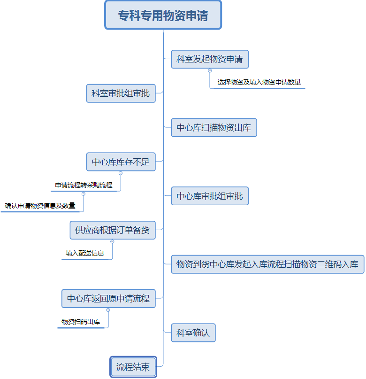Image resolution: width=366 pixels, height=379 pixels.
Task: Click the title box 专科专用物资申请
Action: click(163, 15)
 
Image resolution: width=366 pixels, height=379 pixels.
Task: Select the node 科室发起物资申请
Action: click(210, 59)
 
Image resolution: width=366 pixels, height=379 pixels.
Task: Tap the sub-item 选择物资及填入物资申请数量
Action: click(259, 82)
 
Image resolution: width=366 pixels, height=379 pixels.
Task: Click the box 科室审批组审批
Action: click(121, 93)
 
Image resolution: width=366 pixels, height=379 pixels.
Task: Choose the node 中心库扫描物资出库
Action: click(213, 128)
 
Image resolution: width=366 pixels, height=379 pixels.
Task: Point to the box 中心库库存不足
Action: click(121, 162)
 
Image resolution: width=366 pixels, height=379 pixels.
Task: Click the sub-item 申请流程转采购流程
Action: click(84, 185)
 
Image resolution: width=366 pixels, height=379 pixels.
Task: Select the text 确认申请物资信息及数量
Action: click(40, 206)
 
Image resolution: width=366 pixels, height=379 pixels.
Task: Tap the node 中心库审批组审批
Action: click(210, 196)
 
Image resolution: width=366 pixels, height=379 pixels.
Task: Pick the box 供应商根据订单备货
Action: click(113, 230)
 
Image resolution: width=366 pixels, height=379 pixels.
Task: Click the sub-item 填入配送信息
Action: click(85, 253)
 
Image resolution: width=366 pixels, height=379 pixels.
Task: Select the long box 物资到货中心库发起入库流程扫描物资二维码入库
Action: click(267, 264)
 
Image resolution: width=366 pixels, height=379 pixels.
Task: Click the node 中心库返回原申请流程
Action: click(108, 299)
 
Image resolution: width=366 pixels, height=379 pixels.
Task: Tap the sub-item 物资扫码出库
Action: click(81, 322)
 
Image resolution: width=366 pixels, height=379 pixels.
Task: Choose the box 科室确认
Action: click(193, 333)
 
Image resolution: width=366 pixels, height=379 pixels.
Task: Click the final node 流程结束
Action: click(133, 367)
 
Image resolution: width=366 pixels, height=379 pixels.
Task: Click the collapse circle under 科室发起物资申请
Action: click(210, 70)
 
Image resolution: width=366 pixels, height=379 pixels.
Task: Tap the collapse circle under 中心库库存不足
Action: click(121, 173)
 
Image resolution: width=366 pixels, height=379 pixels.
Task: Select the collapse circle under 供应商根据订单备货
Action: click(112, 241)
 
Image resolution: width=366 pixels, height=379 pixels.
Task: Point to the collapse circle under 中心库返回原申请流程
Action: click(108, 310)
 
